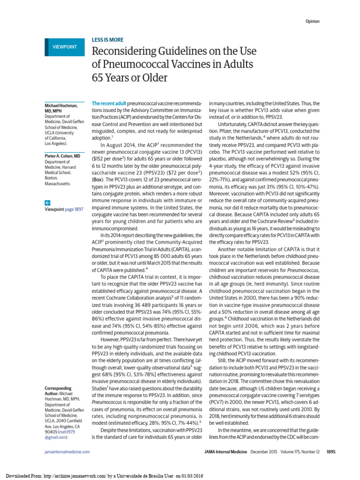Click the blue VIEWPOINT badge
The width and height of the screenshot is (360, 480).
point(64,47)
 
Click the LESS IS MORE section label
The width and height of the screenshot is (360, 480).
point(107,40)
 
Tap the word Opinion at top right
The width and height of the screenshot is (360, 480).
point(313,22)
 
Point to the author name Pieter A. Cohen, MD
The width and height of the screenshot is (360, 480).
point(61,155)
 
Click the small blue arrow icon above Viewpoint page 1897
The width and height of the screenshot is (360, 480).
point(47,202)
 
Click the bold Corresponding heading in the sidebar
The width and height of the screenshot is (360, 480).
point(58,389)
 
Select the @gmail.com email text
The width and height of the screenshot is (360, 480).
point(56,437)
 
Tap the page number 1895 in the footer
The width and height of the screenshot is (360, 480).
point(331,451)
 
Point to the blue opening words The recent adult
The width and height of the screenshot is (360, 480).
point(109,103)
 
